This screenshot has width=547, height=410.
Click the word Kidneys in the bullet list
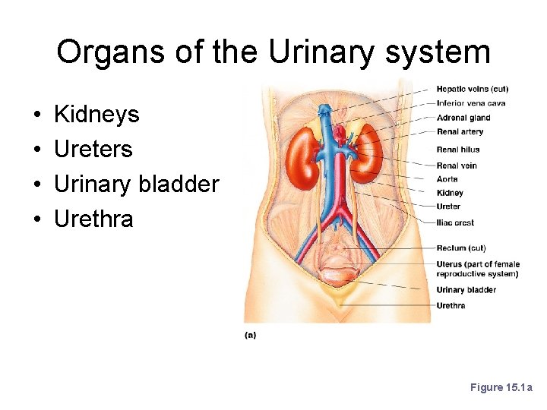coord(96,115)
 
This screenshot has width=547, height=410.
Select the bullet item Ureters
coord(93,150)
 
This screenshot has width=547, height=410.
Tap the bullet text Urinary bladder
coord(136,184)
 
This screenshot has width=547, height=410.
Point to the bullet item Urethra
coord(93,219)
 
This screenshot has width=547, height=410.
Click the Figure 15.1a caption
coord(501,388)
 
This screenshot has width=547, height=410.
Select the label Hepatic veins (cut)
coord(473,90)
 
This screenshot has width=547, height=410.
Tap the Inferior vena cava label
coord(471,103)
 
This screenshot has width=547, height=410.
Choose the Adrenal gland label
coord(463,118)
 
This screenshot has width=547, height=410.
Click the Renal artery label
coord(460,132)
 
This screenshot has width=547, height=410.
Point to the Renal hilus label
coord(458,150)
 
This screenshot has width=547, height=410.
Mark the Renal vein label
coord(457,166)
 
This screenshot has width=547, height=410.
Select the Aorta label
coord(447,179)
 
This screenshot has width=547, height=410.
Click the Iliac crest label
coord(455,223)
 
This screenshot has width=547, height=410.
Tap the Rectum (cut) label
coord(461,248)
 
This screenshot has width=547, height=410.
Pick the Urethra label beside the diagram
coord(451,306)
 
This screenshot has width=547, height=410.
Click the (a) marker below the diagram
coord(250,335)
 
